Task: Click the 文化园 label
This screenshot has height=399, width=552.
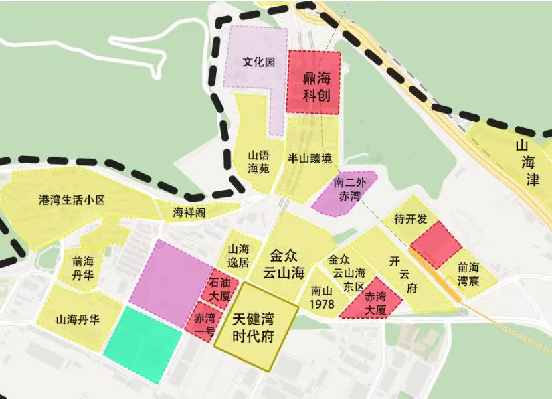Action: [x=259, y=62]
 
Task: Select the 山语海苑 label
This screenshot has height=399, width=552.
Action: [x=258, y=161]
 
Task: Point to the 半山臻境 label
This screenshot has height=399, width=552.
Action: [x=310, y=159]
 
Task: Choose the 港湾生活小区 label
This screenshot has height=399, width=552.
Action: [x=73, y=200]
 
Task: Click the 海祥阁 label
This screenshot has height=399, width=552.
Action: [x=189, y=212]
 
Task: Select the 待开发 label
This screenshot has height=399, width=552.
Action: [x=410, y=218]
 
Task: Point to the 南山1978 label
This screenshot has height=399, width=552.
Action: [x=322, y=298]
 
